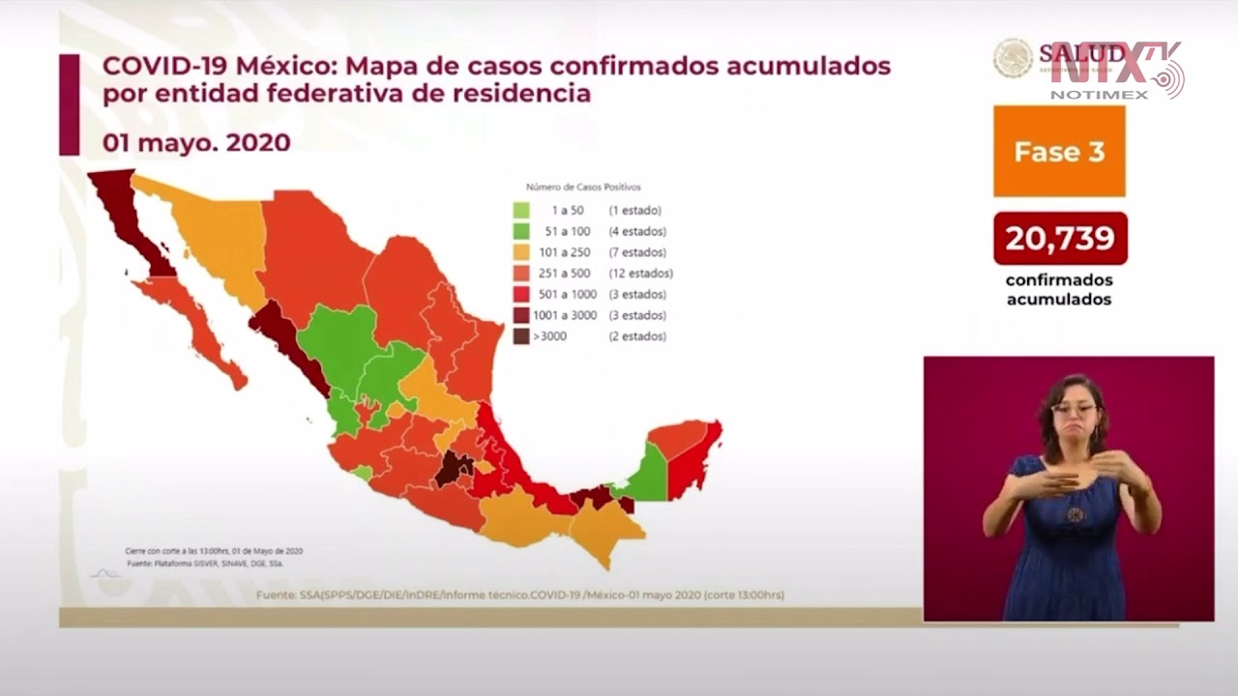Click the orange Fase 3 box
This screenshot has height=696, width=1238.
1059,152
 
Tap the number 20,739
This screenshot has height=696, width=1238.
1060,238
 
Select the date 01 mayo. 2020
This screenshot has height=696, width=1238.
196,142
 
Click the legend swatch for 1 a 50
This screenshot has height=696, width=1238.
521,210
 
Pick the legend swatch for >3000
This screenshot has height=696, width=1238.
521,336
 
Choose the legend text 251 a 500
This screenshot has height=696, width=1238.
572,274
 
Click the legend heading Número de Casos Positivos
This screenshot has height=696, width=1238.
583,187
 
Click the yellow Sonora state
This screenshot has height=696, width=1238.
222,242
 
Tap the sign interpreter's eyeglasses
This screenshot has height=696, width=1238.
1074,409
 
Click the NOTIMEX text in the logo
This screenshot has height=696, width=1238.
1099,94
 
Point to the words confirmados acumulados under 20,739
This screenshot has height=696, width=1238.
1059,289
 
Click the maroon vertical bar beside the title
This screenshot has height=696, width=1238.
69,104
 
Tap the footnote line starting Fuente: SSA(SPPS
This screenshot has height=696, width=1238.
520,594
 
